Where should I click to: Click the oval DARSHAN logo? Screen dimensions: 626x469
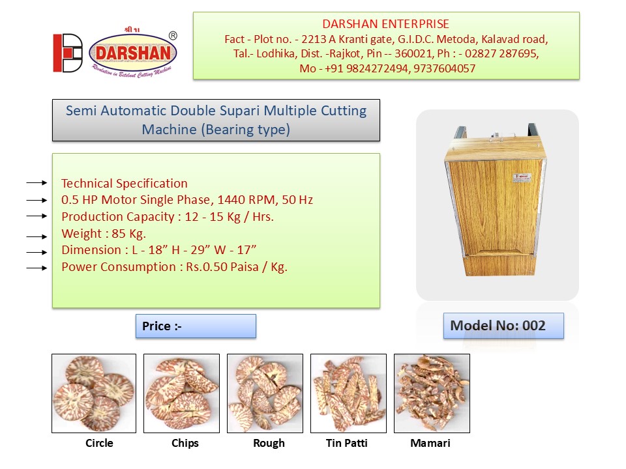(133, 53)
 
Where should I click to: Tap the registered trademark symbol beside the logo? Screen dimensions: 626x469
(173, 35)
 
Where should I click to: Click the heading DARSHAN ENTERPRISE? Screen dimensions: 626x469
(385, 24)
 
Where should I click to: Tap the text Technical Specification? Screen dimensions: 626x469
(124, 184)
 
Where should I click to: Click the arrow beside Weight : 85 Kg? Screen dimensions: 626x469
(37, 236)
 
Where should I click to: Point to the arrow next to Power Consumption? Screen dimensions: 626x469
(37, 268)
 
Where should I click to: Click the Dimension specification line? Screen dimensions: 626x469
(158, 250)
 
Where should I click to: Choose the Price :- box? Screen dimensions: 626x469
(196, 326)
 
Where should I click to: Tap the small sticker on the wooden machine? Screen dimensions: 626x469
(522, 177)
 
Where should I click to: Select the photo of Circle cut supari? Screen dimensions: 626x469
(94, 393)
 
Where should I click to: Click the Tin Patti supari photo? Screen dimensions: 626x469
(348, 393)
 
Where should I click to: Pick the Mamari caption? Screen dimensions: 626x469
(430, 443)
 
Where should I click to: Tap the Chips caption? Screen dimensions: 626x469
(185, 444)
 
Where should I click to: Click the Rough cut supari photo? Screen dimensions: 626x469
(265, 393)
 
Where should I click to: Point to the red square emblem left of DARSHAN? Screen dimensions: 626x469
(67, 53)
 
